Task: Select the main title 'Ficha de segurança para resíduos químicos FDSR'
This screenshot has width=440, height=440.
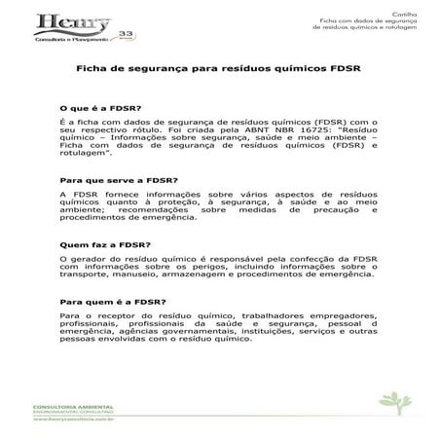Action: click(219, 70)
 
